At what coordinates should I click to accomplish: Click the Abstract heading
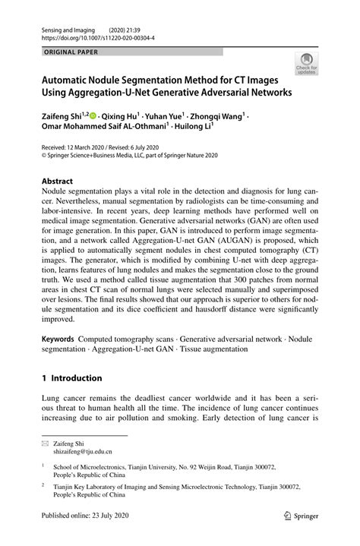click(57, 182)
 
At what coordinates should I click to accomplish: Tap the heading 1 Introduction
click(71, 377)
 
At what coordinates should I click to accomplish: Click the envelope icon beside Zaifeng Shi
click(46, 443)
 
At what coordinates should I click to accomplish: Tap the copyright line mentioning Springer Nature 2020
click(129, 156)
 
